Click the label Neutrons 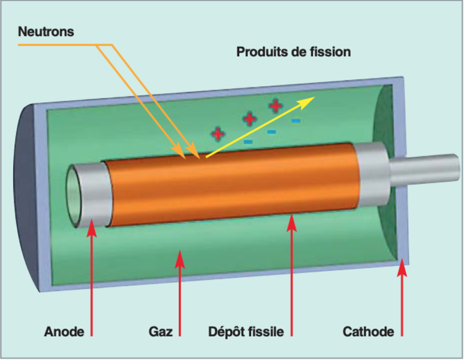[46, 32]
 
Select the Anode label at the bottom [64, 332]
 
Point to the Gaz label [161, 332]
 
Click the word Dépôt [226, 332]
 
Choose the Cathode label [368, 332]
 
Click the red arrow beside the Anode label [92, 277]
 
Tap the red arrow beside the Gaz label [180, 293]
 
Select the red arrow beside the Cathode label [402, 297]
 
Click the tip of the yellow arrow [315, 97]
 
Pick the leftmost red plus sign [218, 134]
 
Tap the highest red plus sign [276, 106]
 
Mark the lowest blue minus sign [248, 142]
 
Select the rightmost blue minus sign [296, 121]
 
